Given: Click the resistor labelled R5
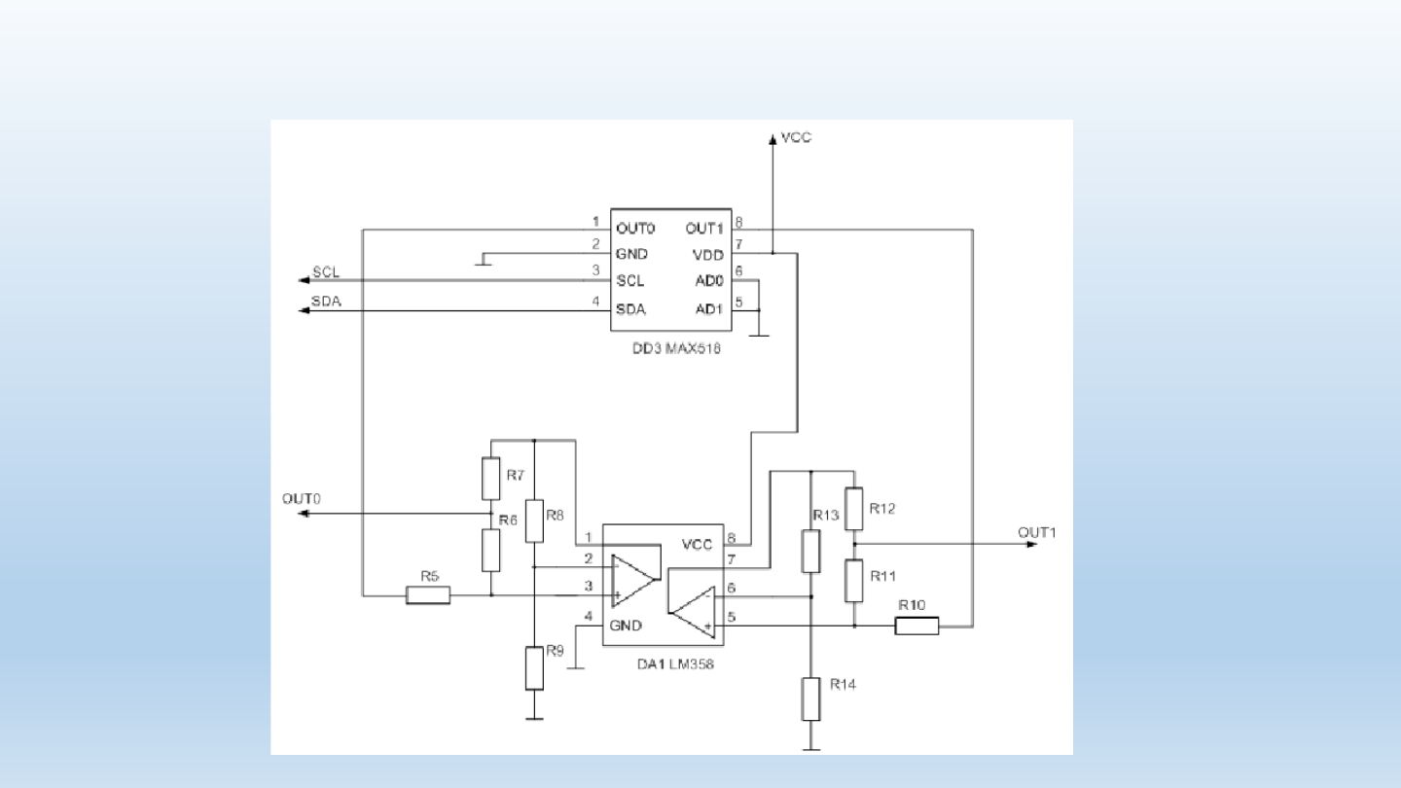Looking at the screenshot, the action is (428, 595).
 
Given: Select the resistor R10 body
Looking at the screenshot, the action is (916, 627).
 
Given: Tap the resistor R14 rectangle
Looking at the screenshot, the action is (810, 699).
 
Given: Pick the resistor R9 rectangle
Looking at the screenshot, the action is (534, 668).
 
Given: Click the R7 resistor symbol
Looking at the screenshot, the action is (491, 479).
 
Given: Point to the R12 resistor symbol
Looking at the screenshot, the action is (854, 509).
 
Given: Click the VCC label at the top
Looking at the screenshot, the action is (796, 137).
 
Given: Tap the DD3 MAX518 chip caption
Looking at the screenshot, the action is (676, 349).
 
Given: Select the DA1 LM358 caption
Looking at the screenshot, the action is (675, 664).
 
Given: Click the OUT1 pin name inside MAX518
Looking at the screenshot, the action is (704, 229).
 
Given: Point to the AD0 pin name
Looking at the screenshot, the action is (709, 281).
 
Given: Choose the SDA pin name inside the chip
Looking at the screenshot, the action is (630, 309).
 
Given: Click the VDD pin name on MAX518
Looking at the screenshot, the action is (708, 255).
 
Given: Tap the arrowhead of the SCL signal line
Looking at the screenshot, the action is (304, 280).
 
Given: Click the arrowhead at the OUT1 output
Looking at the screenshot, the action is (1032, 544).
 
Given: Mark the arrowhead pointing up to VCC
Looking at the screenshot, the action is (772, 139).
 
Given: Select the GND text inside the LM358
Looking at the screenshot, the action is (626, 626).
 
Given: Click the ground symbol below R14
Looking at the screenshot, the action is (810, 749).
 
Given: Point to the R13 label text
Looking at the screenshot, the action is (826, 516).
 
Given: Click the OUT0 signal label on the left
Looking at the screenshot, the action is (302, 499).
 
